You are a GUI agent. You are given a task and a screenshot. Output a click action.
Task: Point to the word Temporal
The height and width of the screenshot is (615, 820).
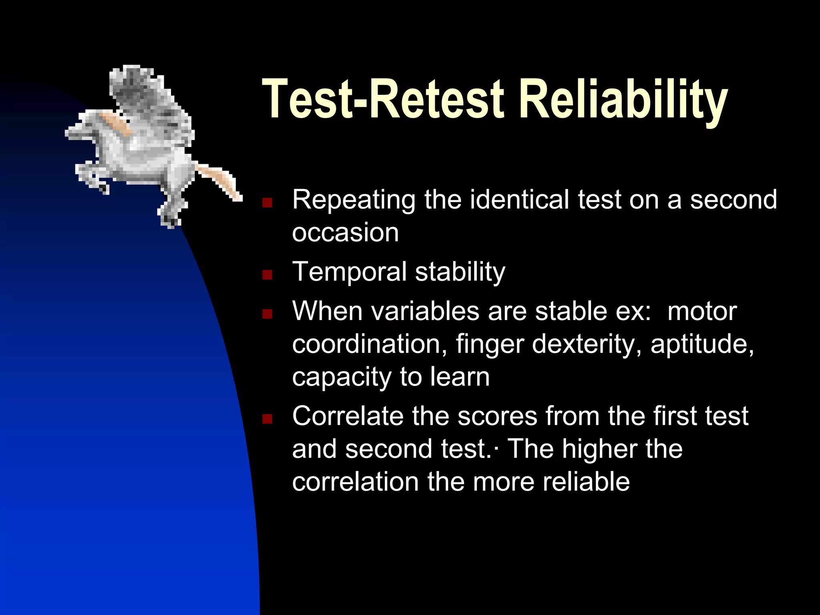[349, 272]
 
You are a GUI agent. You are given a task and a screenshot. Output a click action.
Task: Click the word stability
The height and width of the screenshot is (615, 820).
[460, 272]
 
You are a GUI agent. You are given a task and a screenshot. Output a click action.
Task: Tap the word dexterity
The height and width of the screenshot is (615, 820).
[587, 344]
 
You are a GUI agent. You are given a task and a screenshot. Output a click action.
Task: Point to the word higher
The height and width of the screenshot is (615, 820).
[599, 449]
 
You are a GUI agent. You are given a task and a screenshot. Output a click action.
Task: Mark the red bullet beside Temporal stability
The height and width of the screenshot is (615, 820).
[267, 275]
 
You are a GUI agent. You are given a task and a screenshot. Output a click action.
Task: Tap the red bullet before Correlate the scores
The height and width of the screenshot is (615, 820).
[267, 419]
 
